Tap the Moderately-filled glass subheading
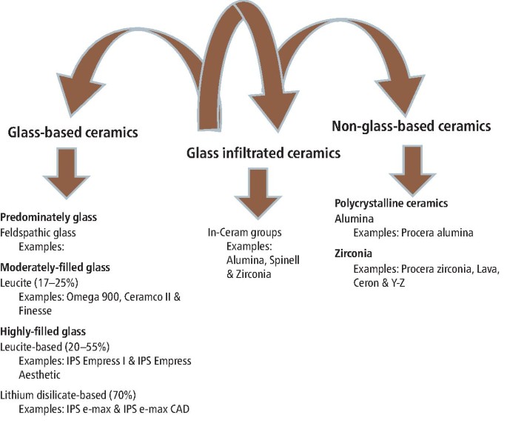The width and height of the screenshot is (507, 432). (53, 266)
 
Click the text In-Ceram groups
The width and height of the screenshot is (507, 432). (245, 232)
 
